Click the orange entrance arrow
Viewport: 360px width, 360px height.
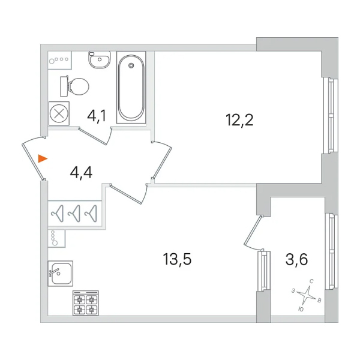click(x=43, y=158)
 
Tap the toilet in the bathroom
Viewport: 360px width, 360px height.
click(x=74, y=86)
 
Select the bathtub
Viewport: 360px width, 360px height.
click(x=131, y=88)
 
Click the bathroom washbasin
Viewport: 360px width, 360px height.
click(x=100, y=59)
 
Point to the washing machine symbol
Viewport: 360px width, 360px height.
click(x=59, y=113)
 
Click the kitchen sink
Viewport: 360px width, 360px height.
click(x=61, y=274)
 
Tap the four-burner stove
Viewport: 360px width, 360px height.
click(x=86, y=303)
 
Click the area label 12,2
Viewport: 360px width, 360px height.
click(x=239, y=120)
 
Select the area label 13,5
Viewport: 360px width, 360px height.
click(x=177, y=259)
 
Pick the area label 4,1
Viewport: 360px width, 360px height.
click(x=97, y=116)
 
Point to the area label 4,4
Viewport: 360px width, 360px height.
click(x=81, y=173)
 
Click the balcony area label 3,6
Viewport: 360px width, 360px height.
click(x=296, y=259)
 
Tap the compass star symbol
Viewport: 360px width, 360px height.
click(x=306, y=295)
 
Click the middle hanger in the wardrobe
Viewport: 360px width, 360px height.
click(x=74, y=214)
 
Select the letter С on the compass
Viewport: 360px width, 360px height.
click(x=311, y=281)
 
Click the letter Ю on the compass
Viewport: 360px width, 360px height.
click(x=301, y=309)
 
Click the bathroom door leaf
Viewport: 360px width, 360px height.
click(x=93, y=136)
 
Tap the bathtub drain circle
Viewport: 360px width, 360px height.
click(x=131, y=65)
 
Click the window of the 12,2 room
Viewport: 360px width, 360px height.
click(x=331, y=116)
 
